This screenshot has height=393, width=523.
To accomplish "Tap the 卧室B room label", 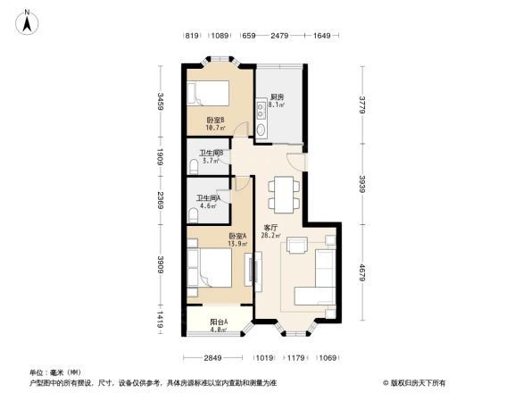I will [214, 123].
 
